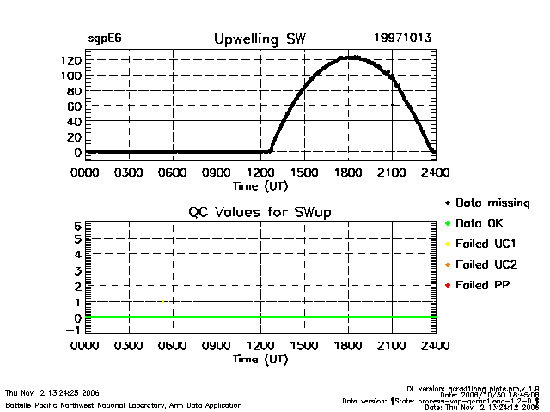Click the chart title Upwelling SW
click(x=259, y=39)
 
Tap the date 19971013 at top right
click(x=402, y=39)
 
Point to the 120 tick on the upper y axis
click(x=71, y=60)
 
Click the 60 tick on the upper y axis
click(x=75, y=106)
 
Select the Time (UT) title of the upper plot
click(x=260, y=185)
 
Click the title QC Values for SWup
click(x=260, y=212)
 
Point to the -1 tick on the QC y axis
click(x=75, y=330)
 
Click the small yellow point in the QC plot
click(x=162, y=301)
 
